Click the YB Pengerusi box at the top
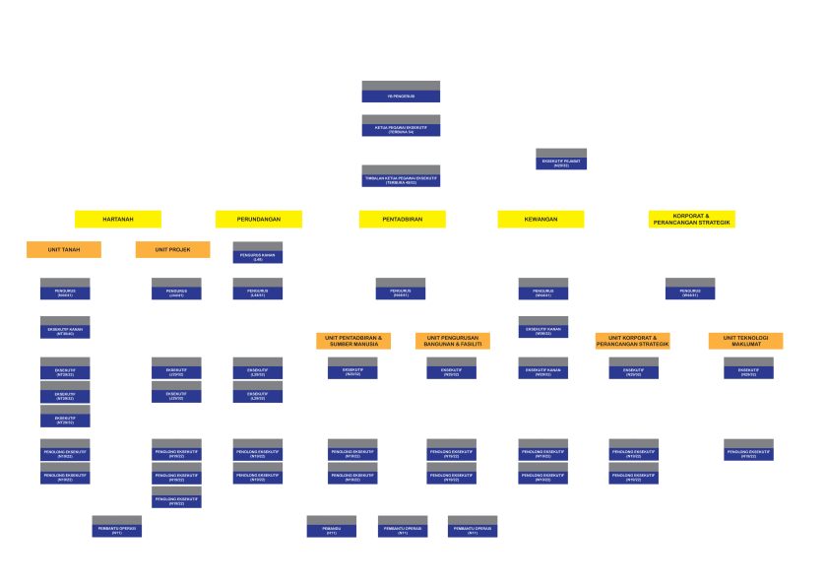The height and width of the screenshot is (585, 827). pyautogui.click(x=401, y=92)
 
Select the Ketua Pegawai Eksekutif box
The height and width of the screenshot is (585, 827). pyautogui.click(x=401, y=126)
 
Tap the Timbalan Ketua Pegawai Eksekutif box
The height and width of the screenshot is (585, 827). pyautogui.click(x=401, y=176)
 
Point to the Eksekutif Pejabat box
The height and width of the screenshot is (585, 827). pyautogui.click(x=561, y=160)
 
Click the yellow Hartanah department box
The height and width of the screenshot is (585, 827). pyautogui.click(x=118, y=219)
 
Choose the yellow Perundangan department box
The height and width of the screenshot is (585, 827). pyautogui.click(x=258, y=219)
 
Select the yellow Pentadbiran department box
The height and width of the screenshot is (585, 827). pyautogui.click(x=402, y=219)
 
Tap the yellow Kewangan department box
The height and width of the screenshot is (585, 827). pyautogui.click(x=541, y=219)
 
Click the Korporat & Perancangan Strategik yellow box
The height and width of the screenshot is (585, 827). pyautogui.click(x=691, y=219)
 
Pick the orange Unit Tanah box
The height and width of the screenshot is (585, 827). pyautogui.click(x=64, y=250)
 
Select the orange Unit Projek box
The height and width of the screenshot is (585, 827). pyautogui.click(x=172, y=250)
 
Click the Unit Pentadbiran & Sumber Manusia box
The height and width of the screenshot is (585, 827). pyautogui.click(x=353, y=341)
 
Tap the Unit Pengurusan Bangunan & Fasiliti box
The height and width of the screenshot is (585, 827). pyautogui.click(x=452, y=341)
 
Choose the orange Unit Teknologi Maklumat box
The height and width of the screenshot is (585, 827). pyautogui.click(x=745, y=341)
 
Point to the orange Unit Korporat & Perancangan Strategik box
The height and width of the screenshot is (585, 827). pyautogui.click(x=632, y=341)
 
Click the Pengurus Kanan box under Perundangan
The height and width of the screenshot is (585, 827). pyautogui.click(x=258, y=253)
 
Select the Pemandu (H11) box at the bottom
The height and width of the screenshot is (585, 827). pyautogui.click(x=332, y=526)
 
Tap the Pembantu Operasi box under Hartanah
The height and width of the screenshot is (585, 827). pyautogui.click(x=117, y=526)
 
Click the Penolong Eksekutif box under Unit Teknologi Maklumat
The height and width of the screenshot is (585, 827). pyautogui.click(x=748, y=450)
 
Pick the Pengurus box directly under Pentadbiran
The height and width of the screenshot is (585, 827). pyautogui.click(x=401, y=289)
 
